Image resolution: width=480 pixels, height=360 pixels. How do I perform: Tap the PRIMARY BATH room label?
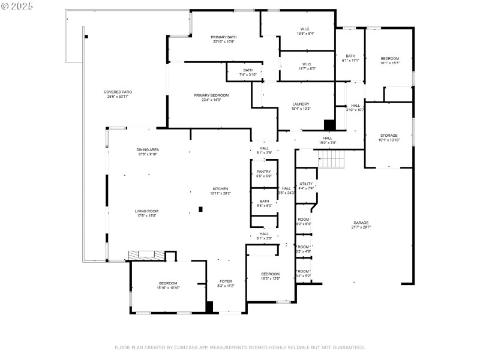pyautogui.click(x=223, y=39)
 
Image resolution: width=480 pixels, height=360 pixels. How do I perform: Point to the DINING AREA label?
pyautogui.click(x=147, y=151)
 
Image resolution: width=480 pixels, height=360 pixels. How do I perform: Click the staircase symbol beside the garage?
pyautogui.click(x=331, y=159)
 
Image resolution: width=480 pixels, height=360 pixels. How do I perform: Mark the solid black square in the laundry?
pyautogui.click(x=328, y=125)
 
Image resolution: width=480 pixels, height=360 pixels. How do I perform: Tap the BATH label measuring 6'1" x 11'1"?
pyautogui.click(x=350, y=58)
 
